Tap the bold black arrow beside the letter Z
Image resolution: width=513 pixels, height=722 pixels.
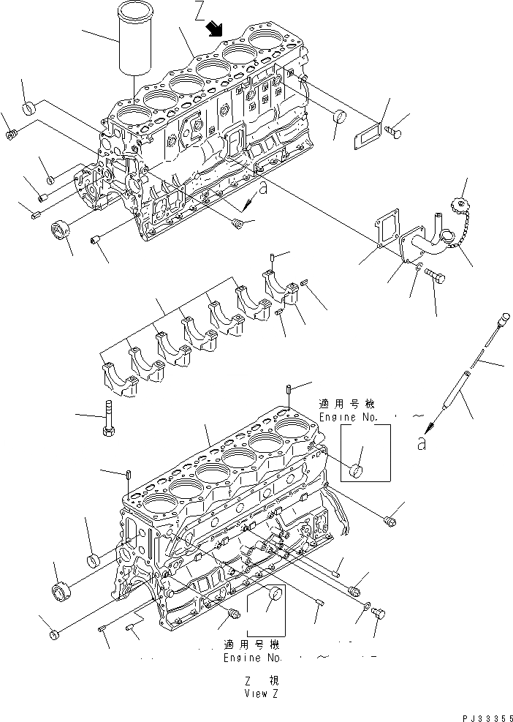pyautogui.click(x=214, y=29)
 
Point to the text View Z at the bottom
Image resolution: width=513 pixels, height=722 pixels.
pyautogui.click(x=261, y=693)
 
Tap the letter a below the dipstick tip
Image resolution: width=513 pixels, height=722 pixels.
pyautogui.click(x=422, y=443)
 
